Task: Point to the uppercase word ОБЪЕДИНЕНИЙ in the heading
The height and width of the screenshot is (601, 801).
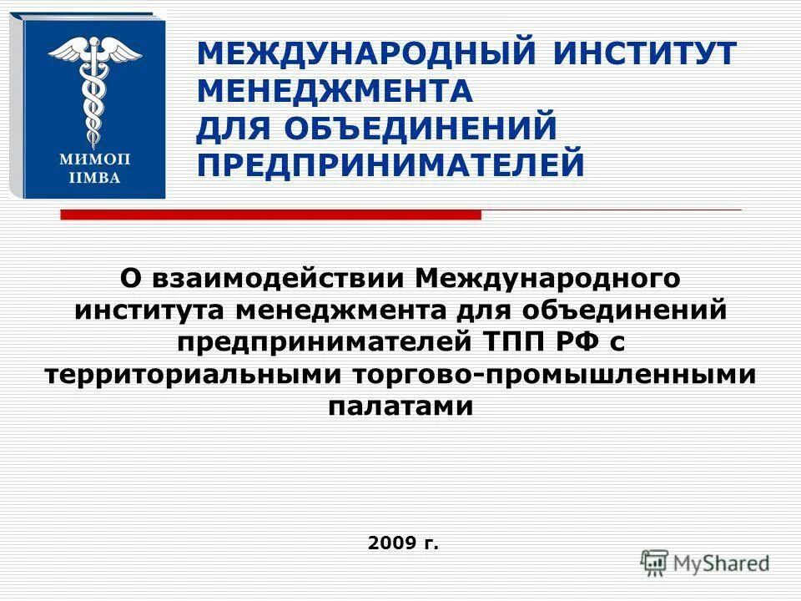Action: click(421, 128)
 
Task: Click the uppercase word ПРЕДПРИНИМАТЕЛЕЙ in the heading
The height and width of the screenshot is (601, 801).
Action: click(390, 164)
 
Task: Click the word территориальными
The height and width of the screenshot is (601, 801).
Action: click(194, 375)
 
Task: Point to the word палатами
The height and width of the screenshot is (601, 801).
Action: click(400, 407)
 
